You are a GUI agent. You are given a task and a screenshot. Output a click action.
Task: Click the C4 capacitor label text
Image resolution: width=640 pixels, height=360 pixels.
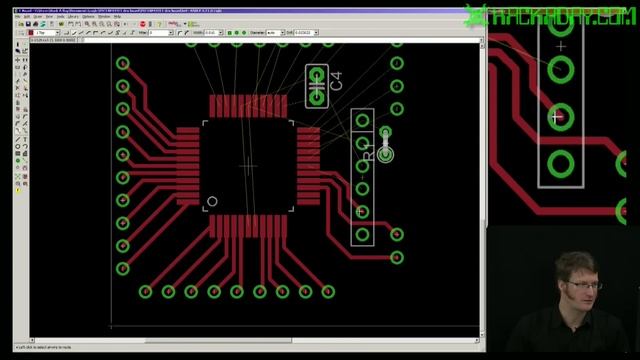coord(336,81)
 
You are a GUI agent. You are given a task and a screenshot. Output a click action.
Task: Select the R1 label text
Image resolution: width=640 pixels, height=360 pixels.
coord(367,153)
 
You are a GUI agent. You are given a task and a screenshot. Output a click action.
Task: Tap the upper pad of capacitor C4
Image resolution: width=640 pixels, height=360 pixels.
coord(318,75)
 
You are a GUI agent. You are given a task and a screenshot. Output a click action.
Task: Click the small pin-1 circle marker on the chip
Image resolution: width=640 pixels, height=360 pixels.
coord(212,202)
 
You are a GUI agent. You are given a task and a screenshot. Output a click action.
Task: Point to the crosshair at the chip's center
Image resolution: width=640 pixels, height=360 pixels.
coord(248,165)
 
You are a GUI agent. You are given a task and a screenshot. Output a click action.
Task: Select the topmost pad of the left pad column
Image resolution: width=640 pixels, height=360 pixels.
coord(123,63)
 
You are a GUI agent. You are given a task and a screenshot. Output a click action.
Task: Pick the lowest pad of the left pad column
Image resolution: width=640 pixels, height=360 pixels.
coord(123,269)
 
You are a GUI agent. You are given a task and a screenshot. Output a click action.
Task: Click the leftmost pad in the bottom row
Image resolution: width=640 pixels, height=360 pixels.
coord(146,292)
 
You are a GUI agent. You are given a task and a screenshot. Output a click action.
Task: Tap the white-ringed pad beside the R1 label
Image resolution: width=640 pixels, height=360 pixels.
coord(386,154)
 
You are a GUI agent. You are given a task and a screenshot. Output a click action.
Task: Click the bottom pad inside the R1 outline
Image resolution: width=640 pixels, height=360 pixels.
coord(362,234)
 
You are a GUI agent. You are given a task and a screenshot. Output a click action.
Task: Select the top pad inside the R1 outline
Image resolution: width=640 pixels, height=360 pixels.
coord(362,121)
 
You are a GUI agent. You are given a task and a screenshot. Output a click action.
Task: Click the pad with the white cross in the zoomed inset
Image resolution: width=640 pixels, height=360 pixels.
coord(560,117)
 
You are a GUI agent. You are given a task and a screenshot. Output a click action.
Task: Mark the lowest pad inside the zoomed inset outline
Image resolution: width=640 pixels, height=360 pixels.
coord(561,163)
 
